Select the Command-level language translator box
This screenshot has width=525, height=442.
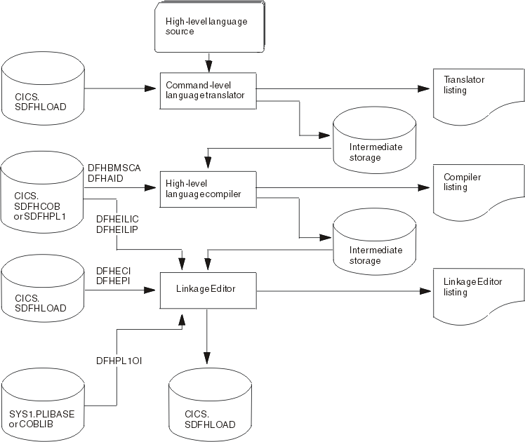tap(206, 89)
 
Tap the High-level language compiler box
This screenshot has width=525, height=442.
tap(206, 187)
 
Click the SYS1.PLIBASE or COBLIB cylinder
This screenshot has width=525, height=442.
tap(42, 406)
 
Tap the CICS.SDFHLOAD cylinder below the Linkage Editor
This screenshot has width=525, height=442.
tap(209, 406)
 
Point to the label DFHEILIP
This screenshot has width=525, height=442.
tap(114, 229)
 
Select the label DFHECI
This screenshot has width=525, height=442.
tap(109, 270)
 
